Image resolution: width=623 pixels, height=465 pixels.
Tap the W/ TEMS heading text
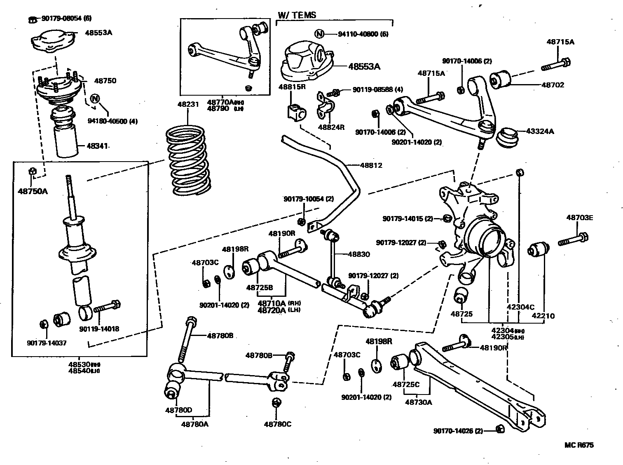[x=297, y=15]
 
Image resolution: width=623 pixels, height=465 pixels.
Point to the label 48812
[x=371, y=165]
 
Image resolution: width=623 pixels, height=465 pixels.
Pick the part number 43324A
[x=540, y=132]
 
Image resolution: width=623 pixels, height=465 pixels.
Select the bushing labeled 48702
[x=500, y=79]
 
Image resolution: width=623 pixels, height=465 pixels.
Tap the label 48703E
[x=579, y=218]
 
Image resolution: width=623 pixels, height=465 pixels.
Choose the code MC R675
[x=579, y=445]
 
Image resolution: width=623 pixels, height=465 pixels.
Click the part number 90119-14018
[x=99, y=329]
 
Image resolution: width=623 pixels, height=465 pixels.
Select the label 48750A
[x=33, y=191]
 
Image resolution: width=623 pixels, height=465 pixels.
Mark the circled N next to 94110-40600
[x=319, y=34]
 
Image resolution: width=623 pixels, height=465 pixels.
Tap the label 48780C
[x=278, y=424]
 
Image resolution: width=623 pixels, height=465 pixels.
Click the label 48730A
[x=419, y=402]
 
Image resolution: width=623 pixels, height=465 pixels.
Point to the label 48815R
[x=292, y=87]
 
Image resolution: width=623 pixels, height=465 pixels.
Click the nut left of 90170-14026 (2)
[x=499, y=429]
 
